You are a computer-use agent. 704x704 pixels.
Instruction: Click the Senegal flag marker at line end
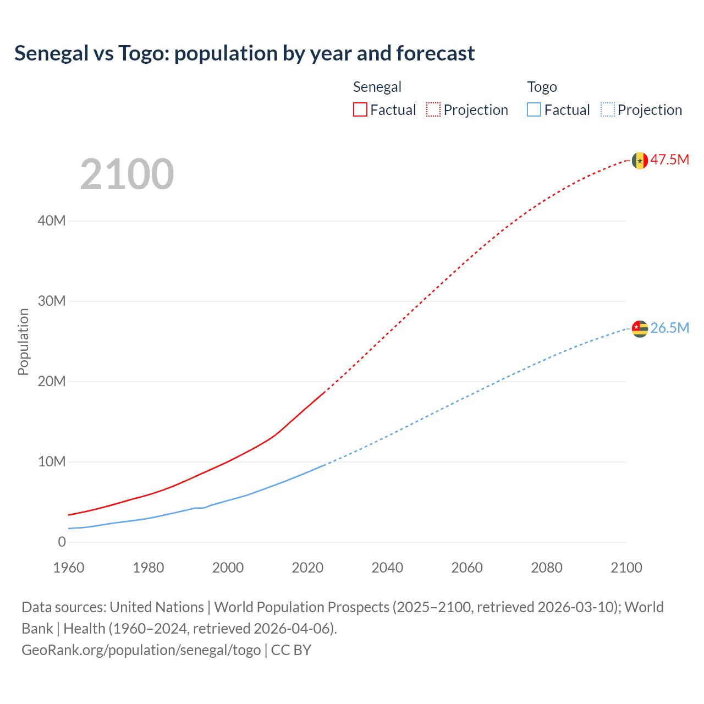640,161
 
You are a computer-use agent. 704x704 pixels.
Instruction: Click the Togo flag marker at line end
640,329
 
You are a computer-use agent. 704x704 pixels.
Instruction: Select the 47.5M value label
670,160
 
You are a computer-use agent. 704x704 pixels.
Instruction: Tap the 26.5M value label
670,328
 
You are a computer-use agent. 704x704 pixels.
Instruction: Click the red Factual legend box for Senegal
360,109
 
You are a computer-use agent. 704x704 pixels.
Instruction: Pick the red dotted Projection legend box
433,109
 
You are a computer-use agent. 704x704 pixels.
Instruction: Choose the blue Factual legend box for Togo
534,109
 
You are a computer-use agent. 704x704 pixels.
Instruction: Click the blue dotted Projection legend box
608,109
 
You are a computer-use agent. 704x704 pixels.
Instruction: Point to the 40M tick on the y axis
52,221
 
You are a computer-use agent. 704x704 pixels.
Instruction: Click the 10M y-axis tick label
52,462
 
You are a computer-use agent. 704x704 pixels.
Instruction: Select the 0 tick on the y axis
62,542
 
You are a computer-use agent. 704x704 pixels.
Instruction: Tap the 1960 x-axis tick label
69,568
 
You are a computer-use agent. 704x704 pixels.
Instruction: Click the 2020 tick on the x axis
307,568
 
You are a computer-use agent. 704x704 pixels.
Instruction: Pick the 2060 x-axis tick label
467,568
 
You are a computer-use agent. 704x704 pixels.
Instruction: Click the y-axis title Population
23,342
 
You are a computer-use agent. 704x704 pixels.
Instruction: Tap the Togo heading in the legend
542,87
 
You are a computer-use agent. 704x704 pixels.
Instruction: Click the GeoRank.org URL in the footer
141,650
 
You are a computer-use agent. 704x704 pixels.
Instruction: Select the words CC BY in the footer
291,650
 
